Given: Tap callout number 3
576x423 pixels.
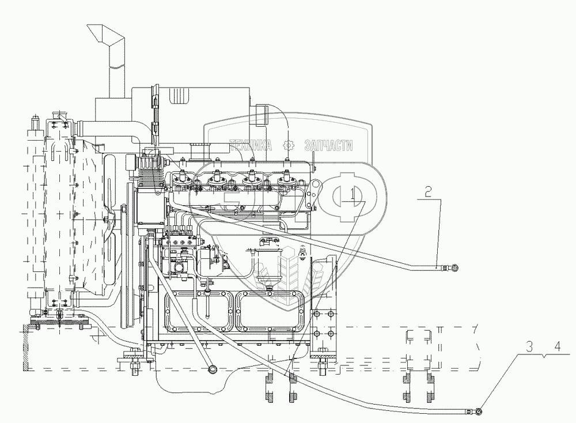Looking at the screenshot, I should (529, 348).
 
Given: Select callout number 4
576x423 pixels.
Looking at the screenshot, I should (556, 348).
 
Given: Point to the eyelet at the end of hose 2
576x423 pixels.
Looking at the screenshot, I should (456, 267).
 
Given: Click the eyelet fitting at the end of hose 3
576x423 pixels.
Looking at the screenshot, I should (478, 411).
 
